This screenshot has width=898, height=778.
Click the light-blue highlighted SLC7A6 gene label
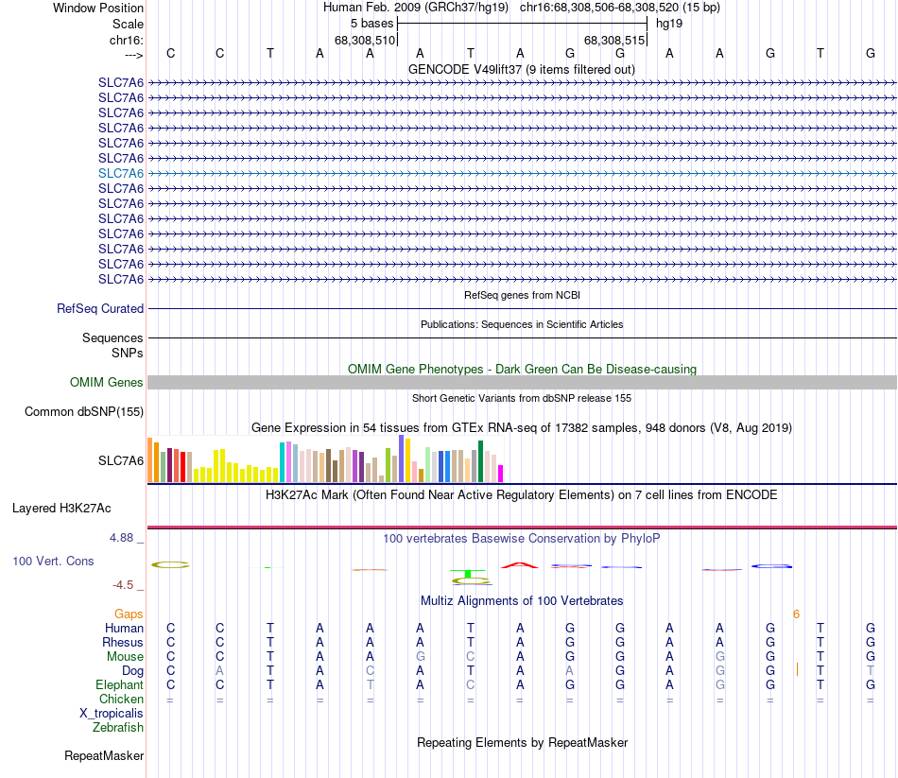121,173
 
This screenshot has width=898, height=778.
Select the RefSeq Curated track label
100,308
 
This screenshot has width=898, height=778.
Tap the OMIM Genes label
107,382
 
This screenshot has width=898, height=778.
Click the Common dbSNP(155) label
84,411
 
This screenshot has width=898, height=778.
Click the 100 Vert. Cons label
53,561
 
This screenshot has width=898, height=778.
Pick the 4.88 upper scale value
126,538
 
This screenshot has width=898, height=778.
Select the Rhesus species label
123,642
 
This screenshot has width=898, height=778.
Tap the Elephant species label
120,684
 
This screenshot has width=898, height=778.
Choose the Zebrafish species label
118,727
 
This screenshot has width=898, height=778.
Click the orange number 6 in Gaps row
796,614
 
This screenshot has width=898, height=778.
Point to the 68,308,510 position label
365,41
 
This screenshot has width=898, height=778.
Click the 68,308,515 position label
614,41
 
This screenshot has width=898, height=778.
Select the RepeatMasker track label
104,755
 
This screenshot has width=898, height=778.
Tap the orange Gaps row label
129,614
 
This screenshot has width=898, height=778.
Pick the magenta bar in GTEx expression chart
501,473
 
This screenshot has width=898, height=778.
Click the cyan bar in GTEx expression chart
283,461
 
